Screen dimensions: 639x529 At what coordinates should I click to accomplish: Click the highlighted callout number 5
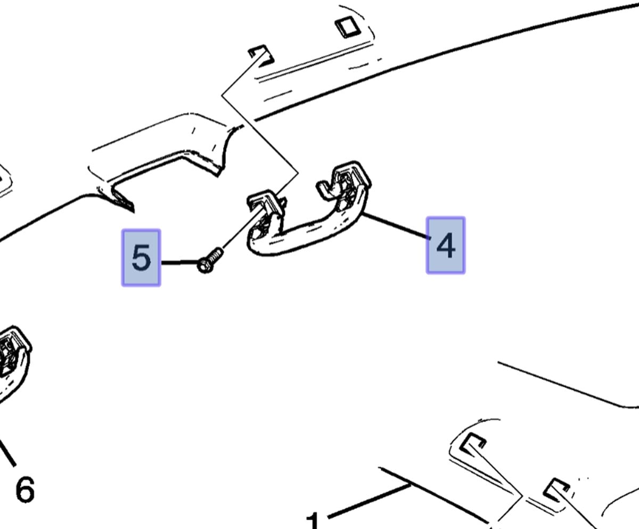(x=141, y=258)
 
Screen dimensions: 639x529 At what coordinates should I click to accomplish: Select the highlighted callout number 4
(x=446, y=245)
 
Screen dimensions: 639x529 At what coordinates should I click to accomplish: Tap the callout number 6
(x=25, y=490)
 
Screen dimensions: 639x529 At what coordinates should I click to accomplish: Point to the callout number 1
(x=313, y=520)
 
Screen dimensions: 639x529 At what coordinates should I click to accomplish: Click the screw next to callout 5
(x=210, y=261)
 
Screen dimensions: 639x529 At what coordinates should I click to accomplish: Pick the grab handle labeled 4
(x=309, y=208)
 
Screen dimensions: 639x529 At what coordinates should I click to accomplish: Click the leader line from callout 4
(x=396, y=226)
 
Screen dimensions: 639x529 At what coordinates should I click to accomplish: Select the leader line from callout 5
(x=179, y=262)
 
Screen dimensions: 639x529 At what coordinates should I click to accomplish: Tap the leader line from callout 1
(x=369, y=501)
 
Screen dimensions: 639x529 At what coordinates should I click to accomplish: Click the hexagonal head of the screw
(x=204, y=266)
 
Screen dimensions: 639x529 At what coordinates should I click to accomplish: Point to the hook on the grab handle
(x=327, y=190)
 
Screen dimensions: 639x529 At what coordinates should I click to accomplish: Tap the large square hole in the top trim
(x=348, y=27)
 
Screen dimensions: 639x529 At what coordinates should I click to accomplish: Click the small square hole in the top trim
(x=262, y=56)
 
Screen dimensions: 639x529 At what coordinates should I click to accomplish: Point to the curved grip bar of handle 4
(x=309, y=235)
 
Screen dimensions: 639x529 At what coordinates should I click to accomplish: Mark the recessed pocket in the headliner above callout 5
(x=165, y=175)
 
